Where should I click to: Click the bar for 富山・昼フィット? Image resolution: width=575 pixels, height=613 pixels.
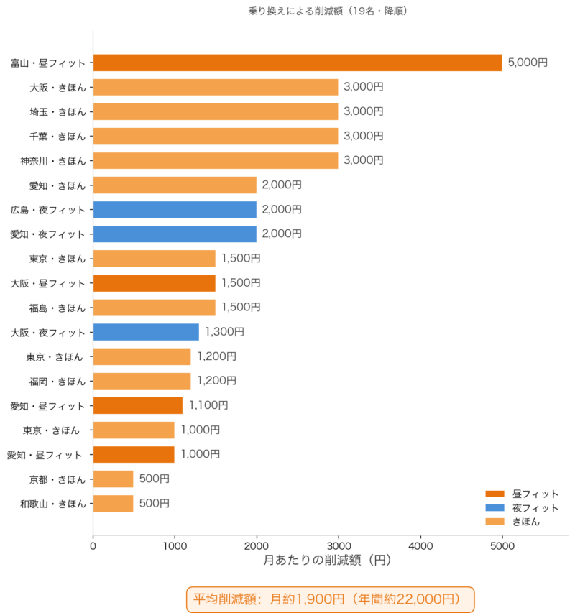pos(298,63)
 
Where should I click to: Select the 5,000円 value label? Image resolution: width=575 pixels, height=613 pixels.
pos(528,63)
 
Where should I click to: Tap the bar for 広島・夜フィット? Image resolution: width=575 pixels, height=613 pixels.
pos(175,210)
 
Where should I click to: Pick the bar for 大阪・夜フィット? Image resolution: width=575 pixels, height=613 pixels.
pos(146,332)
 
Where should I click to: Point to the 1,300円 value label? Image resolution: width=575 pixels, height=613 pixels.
pos(225,332)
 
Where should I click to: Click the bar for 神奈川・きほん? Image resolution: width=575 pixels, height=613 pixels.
pos(216,161)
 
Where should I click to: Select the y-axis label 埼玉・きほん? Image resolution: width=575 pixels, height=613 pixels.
pos(57,112)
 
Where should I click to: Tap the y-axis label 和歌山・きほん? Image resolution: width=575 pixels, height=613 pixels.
pos(53,504)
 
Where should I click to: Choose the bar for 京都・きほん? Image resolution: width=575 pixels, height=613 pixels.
pos(114,479)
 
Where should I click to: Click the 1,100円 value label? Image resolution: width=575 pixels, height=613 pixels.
pos(208,405)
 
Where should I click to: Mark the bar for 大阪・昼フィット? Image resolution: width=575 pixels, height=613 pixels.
pos(155,283)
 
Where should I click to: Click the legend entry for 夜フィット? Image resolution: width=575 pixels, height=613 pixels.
pos(522,508)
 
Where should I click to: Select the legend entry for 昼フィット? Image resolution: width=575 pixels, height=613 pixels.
pos(522,494)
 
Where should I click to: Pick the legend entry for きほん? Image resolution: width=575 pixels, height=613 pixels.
pos(512,522)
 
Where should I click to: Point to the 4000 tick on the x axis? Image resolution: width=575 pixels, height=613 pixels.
pos(420,545)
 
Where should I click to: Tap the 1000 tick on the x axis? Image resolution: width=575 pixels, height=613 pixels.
pos(175,545)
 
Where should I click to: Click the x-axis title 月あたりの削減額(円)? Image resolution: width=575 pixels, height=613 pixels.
pos(328,561)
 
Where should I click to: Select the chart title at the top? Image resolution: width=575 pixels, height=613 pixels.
pos(328,11)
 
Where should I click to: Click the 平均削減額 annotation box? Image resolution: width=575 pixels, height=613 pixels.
pos(331,599)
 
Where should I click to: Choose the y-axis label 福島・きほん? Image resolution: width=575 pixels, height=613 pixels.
pos(57,308)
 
